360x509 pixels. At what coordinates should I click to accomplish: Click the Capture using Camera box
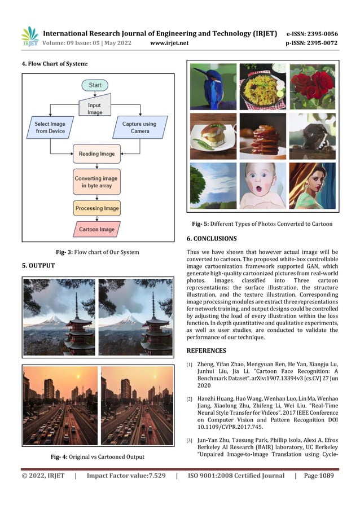pyautogui.click(x=140, y=128)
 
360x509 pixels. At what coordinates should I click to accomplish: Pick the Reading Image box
pyautogui.click(x=97, y=153)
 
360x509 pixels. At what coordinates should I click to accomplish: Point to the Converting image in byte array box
pyautogui.click(x=96, y=182)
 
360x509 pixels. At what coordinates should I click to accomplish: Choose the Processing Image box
pyautogui.click(x=97, y=208)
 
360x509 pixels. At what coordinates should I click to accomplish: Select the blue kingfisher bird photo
pyautogui.click(x=213, y=86)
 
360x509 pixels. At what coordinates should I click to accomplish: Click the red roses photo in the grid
pyautogui.click(x=311, y=86)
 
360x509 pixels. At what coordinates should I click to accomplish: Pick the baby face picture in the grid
pyautogui.click(x=262, y=185)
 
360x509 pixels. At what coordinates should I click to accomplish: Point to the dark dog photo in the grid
pyautogui.click(x=311, y=136)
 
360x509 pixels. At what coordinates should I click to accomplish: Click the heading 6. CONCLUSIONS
pyautogui.click(x=212, y=239)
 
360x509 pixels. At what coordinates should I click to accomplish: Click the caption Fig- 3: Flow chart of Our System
pyautogui.click(x=97, y=252)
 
